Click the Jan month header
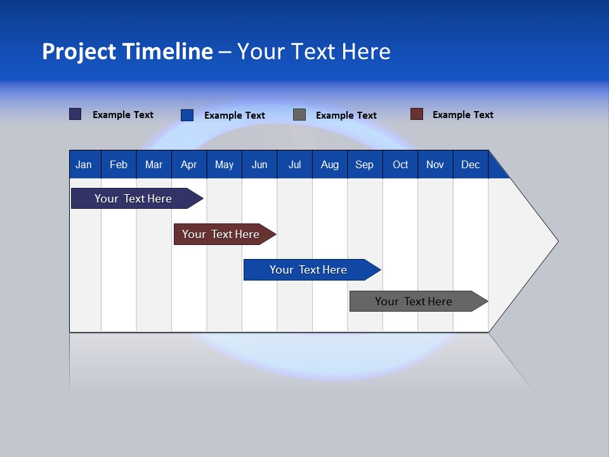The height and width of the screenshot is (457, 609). click(84, 164)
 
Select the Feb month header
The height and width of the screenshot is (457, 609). click(119, 164)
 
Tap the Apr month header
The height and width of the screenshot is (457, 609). click(188, 164)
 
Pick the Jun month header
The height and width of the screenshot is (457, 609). click(259, 164)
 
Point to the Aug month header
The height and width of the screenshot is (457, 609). click(329, 164)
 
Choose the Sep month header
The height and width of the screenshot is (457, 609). click(364, 164)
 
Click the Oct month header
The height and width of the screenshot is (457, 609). click(400, 164)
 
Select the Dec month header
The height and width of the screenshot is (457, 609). click(470, 164)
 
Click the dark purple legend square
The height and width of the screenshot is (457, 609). click(75, 114)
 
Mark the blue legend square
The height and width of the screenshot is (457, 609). click(187, 115)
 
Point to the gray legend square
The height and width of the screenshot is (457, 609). click(299, 115)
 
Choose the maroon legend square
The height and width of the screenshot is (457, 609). click(417, 114)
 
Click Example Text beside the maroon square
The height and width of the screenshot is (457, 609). click(462, 115)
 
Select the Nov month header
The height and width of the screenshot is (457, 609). click(435, 164)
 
